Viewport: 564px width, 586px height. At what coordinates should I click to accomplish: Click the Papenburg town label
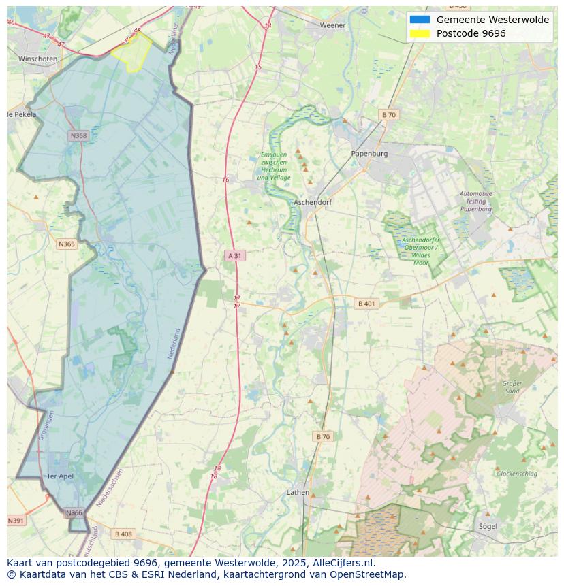(369, 154)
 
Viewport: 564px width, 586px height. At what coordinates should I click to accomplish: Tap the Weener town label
(333, 25)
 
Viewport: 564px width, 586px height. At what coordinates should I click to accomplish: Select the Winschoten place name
(38, 59)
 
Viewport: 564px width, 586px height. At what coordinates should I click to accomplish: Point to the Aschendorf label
(312, 203)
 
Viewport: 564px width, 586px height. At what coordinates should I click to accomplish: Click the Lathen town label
(298, 492)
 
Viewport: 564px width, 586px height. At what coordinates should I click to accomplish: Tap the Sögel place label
(488, 526)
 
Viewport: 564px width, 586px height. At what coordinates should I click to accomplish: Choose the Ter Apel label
(60, 476)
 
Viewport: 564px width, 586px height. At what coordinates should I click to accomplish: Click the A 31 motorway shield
(234, 255)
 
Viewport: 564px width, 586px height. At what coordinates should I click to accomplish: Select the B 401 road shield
(366, 304)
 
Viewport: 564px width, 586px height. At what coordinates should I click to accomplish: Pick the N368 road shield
(79, 136)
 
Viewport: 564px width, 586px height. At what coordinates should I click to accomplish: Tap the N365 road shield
(67, 244)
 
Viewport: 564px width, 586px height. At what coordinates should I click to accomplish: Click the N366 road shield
(74, 512)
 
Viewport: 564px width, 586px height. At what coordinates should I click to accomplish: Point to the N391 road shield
(16, 521)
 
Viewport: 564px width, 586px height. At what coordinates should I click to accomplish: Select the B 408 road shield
(123, 534)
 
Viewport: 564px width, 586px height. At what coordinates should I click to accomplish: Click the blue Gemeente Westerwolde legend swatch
(420, 20)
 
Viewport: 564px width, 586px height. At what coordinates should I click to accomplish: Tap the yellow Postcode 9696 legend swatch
(420, 33)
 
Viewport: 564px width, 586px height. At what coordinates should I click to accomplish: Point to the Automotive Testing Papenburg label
(476, 201)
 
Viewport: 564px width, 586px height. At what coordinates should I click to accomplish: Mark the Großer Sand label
(512, 387)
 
